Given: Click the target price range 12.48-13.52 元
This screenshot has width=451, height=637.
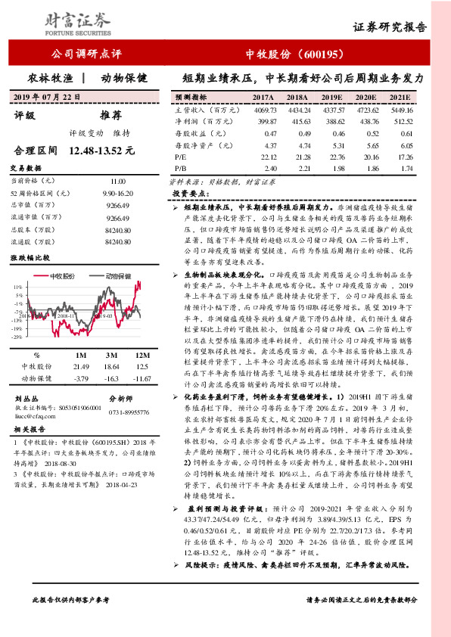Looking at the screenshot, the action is tap(101, 151).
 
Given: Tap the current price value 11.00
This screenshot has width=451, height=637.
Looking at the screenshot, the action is tap(117, 182).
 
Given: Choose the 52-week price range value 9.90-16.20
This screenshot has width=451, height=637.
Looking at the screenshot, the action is tap(118, 194).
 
